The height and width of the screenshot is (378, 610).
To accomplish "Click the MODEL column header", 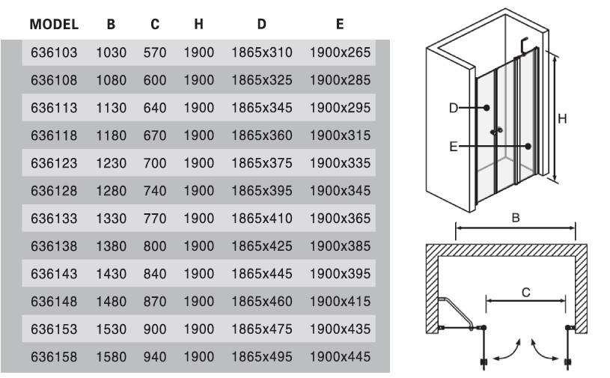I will pyautogui.click(x=54, y=24).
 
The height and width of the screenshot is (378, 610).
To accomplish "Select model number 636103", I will pyautogui.click(x=54, y=53).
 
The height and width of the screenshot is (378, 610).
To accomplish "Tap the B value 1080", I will pyautogui.click(x=112, y=78).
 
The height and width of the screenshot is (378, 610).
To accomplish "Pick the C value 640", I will pyautogui.click(x=155, y=107).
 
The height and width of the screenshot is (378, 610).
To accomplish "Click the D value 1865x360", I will pyautogui.click(x=261, y=135).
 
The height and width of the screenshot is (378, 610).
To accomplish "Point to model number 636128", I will pyautogui.click(x=54, y=191).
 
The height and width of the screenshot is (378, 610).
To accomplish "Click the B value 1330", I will pyautogui.click(x=112, y=219).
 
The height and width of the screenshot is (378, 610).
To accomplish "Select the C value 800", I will pyautogui.click(x=155, y=246).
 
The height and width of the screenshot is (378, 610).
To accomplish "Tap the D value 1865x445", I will pyautogui.click(x=261, y=274).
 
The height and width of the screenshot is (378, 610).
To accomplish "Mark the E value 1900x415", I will pyautogui.click(x=340, y=302).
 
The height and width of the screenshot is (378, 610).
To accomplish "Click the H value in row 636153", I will pyautogui.click(x=198, y=329).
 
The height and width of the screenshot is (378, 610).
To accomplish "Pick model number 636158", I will pyautogui.click(x=54, y=357).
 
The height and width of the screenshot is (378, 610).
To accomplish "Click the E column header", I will pyautogui.click(x=340, y=24).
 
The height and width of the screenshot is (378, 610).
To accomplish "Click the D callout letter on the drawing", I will pyautogui.click(x=453, y=108).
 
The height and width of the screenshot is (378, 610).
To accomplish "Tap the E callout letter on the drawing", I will pyautogui.click(x=454, y=147).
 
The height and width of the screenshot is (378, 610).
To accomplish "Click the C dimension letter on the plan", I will pyautogui.click(x=525, y=293).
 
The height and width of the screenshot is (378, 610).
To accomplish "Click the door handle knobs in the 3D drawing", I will pyautogui.click(x=495, y=132).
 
